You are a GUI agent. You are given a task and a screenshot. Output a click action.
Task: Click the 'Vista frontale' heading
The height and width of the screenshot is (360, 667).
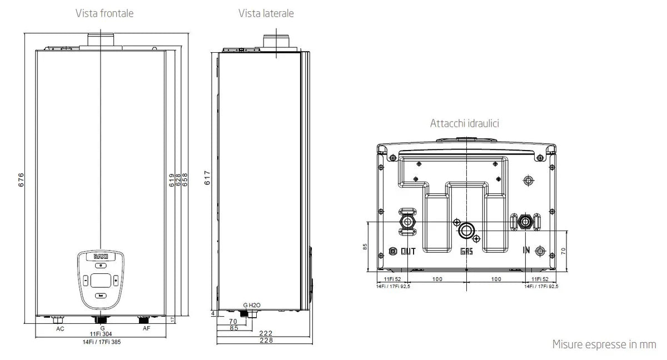click(104, 13)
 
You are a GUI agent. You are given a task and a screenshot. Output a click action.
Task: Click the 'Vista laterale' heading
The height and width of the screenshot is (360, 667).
click(266, 13)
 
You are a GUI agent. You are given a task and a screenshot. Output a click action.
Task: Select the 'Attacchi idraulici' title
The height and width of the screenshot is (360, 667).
click(464, 123)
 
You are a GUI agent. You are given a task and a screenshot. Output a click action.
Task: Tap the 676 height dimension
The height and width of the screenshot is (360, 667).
click(21, 181)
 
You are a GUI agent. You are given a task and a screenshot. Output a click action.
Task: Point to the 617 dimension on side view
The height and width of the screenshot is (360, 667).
click(207, 178)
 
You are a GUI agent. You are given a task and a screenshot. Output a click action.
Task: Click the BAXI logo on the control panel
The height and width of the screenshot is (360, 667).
click(101, 257)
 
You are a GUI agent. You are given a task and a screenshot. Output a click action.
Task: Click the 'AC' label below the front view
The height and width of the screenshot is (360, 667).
click(60, 329)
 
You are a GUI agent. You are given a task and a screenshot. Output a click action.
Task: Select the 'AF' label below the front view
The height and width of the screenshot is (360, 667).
click(146, 329)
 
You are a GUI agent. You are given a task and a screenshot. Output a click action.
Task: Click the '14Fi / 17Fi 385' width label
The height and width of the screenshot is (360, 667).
click(101, 343)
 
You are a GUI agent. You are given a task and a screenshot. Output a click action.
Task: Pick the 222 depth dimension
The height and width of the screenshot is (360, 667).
click(266, 333)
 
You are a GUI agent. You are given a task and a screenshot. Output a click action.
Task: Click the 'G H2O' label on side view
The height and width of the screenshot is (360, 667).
click(251, 306)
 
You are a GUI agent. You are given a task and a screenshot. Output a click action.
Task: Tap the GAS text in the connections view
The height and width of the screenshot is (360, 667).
click(466, 251)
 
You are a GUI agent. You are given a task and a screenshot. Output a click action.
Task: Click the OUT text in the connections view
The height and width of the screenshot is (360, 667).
click(408, 251)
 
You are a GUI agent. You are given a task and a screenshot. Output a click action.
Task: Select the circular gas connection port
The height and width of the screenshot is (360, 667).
click(466, 230)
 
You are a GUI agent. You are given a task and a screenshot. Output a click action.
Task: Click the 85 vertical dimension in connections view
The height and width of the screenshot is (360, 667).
click(365, 246)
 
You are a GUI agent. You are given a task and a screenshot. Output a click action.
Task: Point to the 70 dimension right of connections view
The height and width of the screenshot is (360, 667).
click(563, 251)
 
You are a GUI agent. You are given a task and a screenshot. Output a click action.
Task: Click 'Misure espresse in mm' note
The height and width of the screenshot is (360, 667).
click(604, 344)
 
